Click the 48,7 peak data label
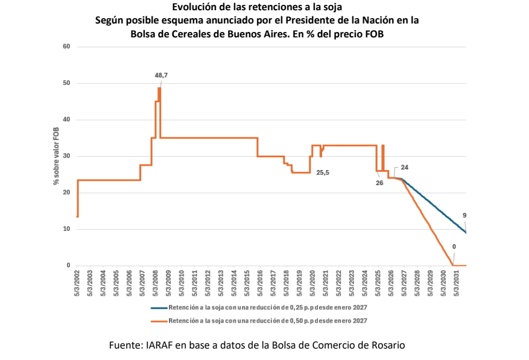(x=161, y=75)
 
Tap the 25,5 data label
(x=323, y=172)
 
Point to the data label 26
(x=379, y=183)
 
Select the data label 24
(x=405, y=168)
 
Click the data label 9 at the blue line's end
(x=464, y=216)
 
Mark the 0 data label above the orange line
(x=454, y=247)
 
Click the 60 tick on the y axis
(x=66, y=46)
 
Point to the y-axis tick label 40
(x=66, y=119)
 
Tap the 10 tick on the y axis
(x=66, y=229)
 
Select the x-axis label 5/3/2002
(x=77, y=283)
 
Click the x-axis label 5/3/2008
(x=156, y=283)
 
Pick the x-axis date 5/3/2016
(x=260, y=283)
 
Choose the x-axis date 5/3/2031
(x=457, y=283)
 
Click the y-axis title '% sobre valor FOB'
(x=56, y=156)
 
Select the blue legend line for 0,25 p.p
(x=159, y=308)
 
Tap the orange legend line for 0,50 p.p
(x=159, y=321)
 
